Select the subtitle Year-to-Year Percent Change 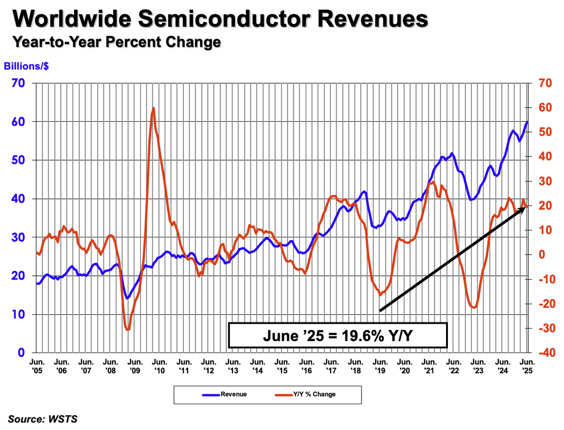coord(117,42)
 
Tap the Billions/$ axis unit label coord(27,66)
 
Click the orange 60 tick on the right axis coord(539,108)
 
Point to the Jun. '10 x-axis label coord(159,366)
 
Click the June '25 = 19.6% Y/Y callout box coord(337,336)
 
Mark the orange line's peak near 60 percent coord(153,108)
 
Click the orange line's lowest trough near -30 coord(127,330)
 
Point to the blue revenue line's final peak coord(527,122)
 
